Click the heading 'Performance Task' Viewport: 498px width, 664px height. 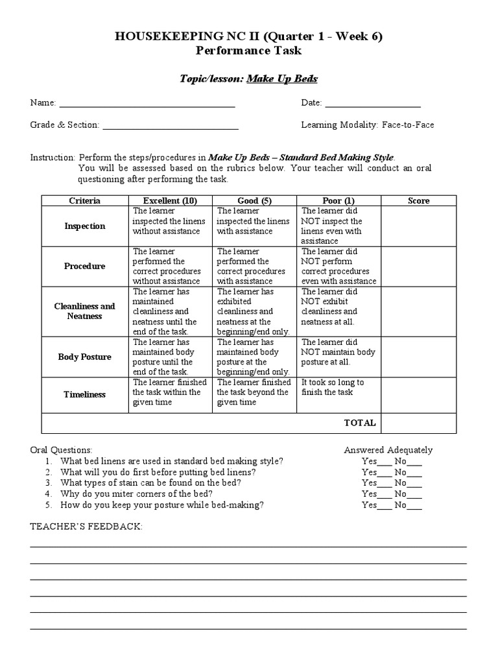point(248,50)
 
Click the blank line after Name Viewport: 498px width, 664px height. point(147,104)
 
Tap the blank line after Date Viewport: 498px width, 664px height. point(372,104)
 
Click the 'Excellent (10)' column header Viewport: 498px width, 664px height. point(170,200)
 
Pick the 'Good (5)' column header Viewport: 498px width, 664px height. point(254,200)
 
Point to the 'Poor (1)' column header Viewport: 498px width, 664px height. point(338,200)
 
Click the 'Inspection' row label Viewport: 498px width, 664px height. point(84,226)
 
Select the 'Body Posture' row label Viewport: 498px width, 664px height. point(84,357)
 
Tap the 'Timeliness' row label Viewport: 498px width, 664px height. point(84,394)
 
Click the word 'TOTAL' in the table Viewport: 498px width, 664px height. point(360,423)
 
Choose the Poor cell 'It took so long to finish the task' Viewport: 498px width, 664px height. point(333,387)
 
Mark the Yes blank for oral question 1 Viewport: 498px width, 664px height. point(385,463)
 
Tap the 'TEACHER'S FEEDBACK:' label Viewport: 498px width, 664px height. point(86,527)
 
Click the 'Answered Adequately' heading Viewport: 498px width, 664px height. point(388,450)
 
